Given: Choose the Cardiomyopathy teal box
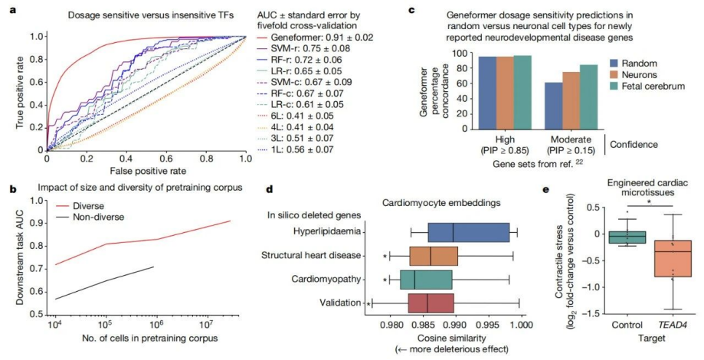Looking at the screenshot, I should point(426,280).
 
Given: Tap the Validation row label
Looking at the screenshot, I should point(339,303).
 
